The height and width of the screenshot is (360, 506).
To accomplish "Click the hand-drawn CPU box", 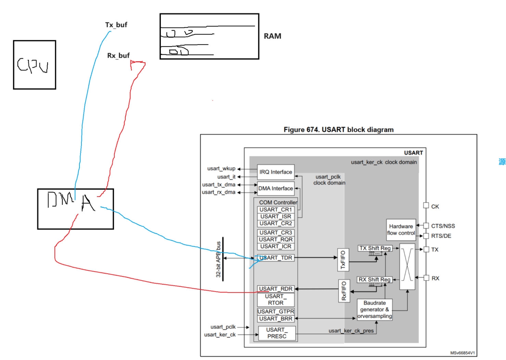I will point(34,65).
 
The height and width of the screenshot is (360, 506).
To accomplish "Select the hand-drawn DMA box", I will point(75,209).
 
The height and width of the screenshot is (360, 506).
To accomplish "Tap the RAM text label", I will point(272,36).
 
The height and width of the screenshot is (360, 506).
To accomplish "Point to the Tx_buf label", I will point(116,25).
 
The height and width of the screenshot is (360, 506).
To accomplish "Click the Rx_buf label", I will point(118,55).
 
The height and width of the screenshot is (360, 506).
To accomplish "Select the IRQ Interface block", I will point(276,172).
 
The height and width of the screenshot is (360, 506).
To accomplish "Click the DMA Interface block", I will point(276,188).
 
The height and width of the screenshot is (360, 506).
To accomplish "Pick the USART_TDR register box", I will point(276,258).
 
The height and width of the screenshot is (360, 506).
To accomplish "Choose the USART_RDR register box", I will point(276,289).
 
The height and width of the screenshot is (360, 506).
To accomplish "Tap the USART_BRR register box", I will point(276,319).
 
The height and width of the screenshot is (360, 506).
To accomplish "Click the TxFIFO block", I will point(343,260).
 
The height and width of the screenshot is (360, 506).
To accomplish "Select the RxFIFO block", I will point(344,291).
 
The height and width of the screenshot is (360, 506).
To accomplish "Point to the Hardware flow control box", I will point(401,230).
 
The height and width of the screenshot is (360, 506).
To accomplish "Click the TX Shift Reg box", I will point(375,248).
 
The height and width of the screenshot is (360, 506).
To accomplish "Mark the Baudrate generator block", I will point(375,310).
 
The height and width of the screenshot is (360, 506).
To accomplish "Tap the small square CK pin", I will point(426,206).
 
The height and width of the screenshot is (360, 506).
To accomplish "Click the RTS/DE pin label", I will point(441,236).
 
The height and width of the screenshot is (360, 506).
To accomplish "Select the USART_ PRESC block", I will point(277,333).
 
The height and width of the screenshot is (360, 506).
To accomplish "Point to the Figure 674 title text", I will point(338,130).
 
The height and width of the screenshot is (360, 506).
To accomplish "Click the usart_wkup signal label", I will point(221,169).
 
